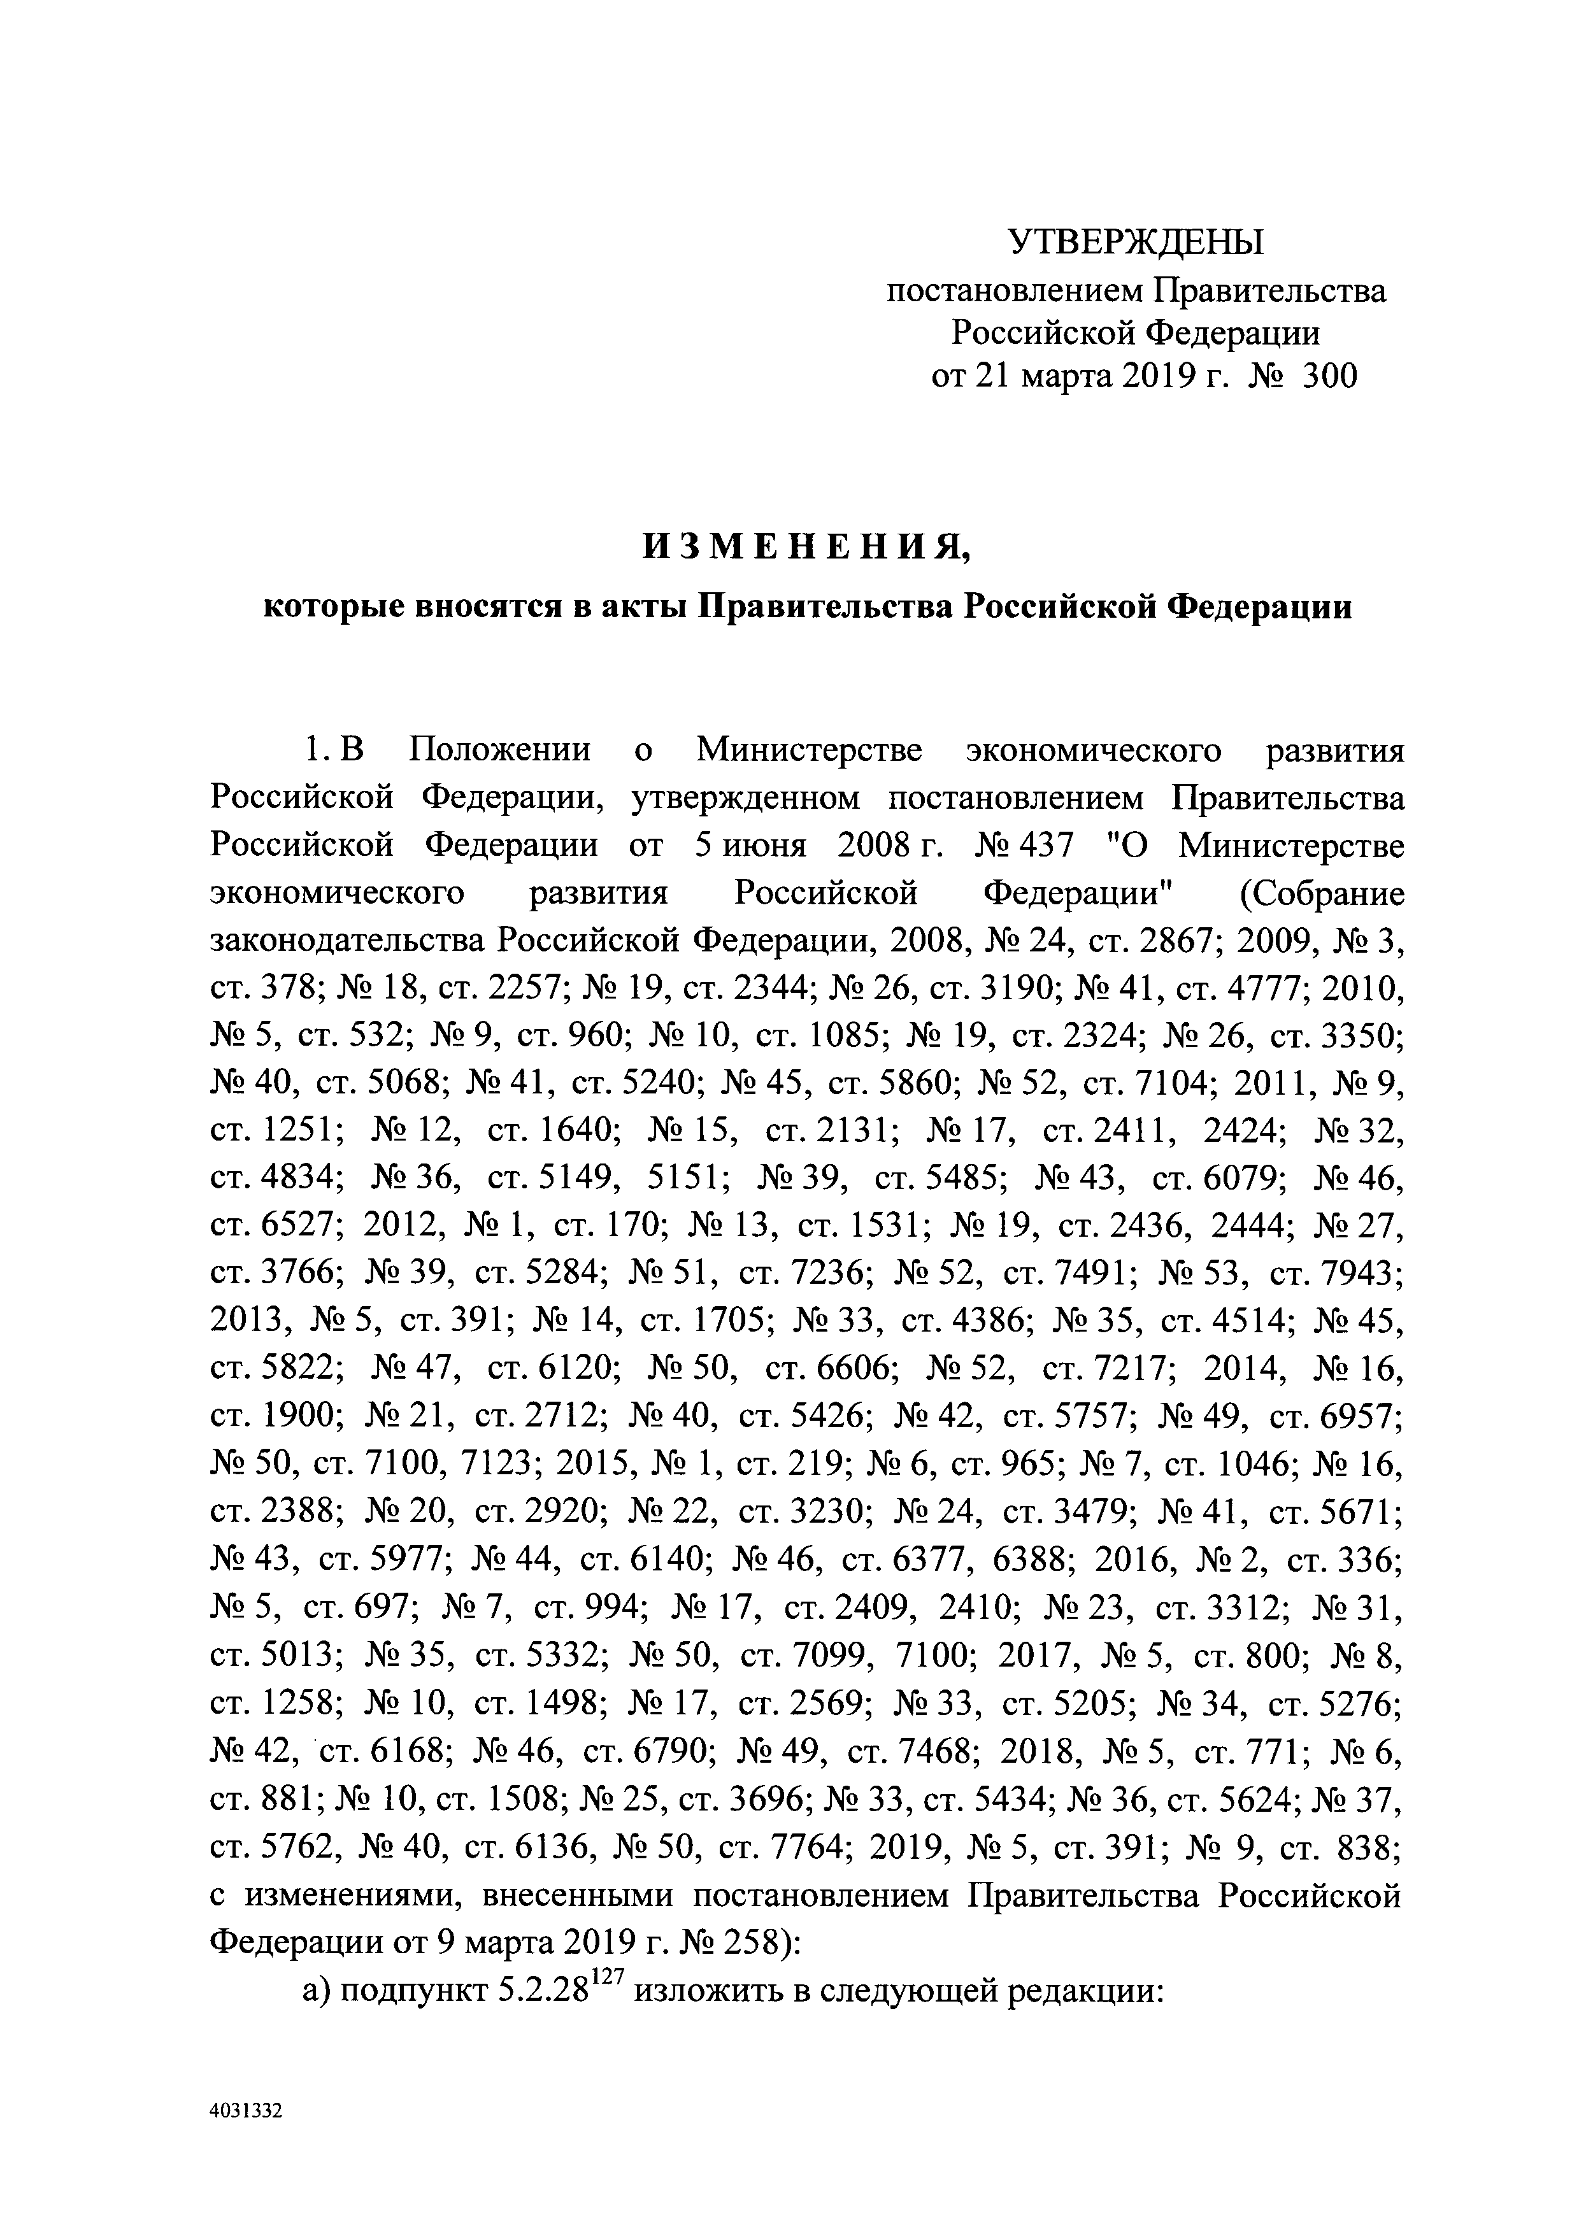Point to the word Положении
pyautogui.click(x=500, y=750)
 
